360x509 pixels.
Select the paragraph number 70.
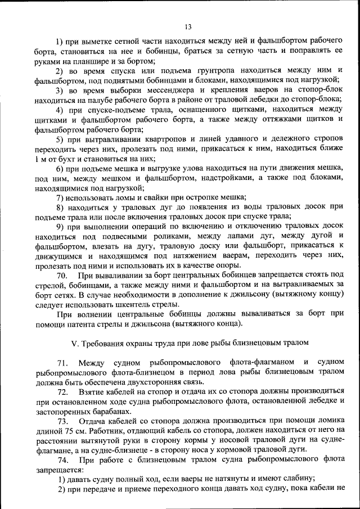click(x=62, y=274)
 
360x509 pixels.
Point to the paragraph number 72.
click(x=62, y=391)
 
